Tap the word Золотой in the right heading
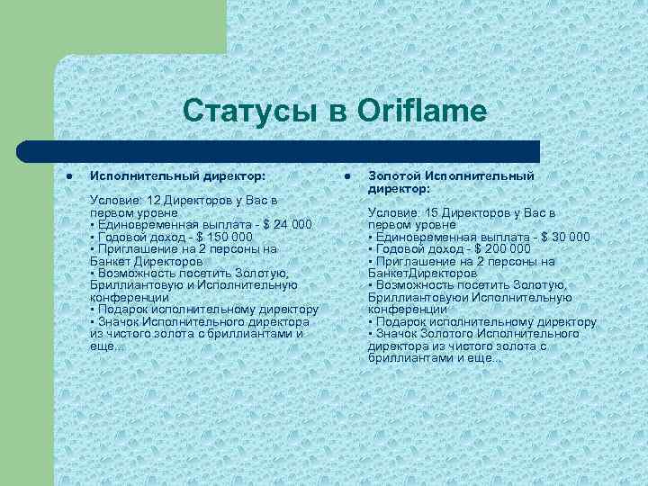[x=394, y=175]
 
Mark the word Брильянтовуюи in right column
[x=410, y=297]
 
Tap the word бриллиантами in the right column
[x=405, y=357]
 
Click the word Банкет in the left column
[x=110, y=260]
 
